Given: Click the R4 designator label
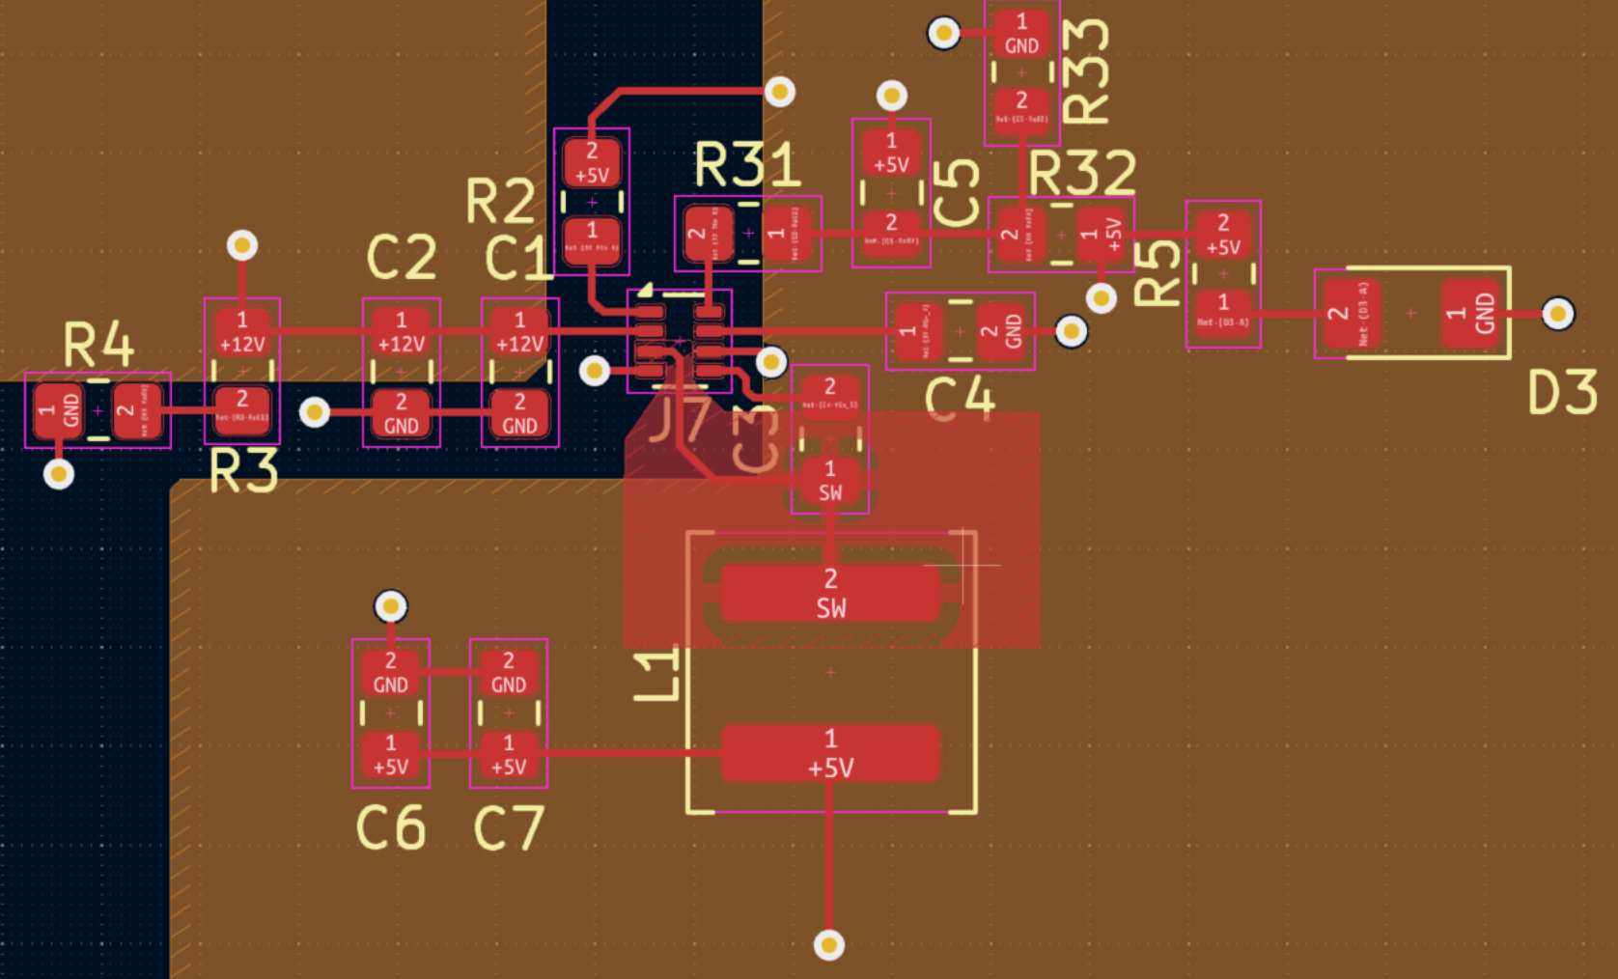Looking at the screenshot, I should (98, 345).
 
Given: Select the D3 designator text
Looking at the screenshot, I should (1562, 394).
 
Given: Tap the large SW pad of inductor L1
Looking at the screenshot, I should (830, 593).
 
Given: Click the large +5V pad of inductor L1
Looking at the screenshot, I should (830, 753).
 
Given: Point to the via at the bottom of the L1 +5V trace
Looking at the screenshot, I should (829, 944).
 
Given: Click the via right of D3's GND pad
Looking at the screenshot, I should (1558, 314).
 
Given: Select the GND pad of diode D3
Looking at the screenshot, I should (1474, 313).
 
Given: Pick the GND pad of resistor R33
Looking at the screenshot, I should (1021, 34).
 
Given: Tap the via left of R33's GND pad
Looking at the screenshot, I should (944, 34).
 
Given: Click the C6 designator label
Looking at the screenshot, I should (391, 828).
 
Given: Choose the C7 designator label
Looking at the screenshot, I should (509, 828).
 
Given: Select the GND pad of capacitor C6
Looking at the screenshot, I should (391, 673).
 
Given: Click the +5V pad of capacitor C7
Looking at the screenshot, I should (509, 755).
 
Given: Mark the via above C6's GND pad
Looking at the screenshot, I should (391, 606).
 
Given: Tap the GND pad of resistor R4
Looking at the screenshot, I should (58, 410).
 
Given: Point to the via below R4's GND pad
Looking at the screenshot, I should (59, 474).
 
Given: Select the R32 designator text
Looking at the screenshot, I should (1081, 174).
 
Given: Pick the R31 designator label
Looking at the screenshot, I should (747, 165).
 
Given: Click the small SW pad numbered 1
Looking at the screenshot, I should (830, 481).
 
